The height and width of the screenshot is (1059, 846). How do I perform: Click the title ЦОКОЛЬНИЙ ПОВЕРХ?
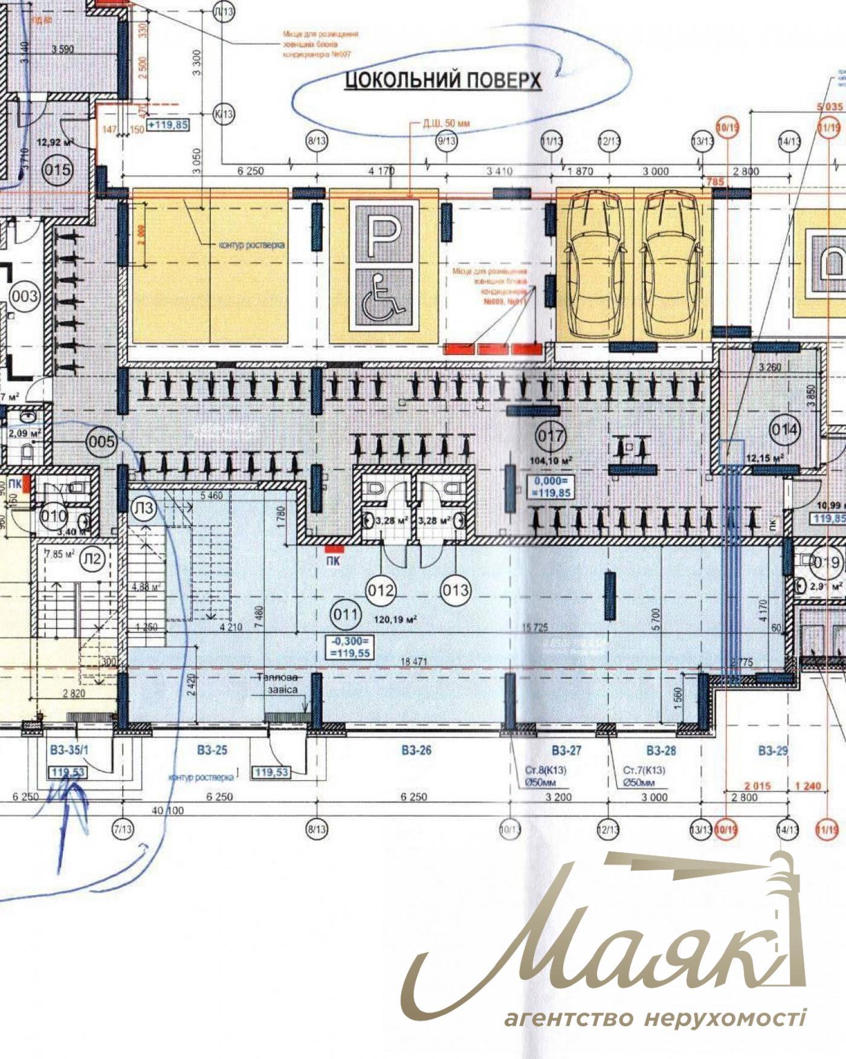(x=443, y=80)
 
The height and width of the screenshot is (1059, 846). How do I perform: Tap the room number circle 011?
(x=345, y=615)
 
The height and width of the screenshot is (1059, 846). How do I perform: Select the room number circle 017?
(x=551, y=436)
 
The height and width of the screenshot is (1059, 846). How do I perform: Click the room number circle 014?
(x=784, y=430)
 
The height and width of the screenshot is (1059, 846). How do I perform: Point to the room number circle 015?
(x=57, y=169)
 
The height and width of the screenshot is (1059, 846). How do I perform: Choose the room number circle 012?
(x=380, y=590)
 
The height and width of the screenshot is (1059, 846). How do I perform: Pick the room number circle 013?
(x=455, y=590)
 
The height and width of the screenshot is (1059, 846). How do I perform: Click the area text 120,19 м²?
(x=395, y=620)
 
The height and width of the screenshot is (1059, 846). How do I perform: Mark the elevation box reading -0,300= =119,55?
(x=349, y=647)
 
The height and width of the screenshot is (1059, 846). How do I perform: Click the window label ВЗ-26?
(x=416, y=751)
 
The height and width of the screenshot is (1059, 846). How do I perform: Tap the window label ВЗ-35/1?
(x=69, y=751)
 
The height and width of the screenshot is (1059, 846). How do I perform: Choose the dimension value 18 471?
(x=414, y=662)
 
